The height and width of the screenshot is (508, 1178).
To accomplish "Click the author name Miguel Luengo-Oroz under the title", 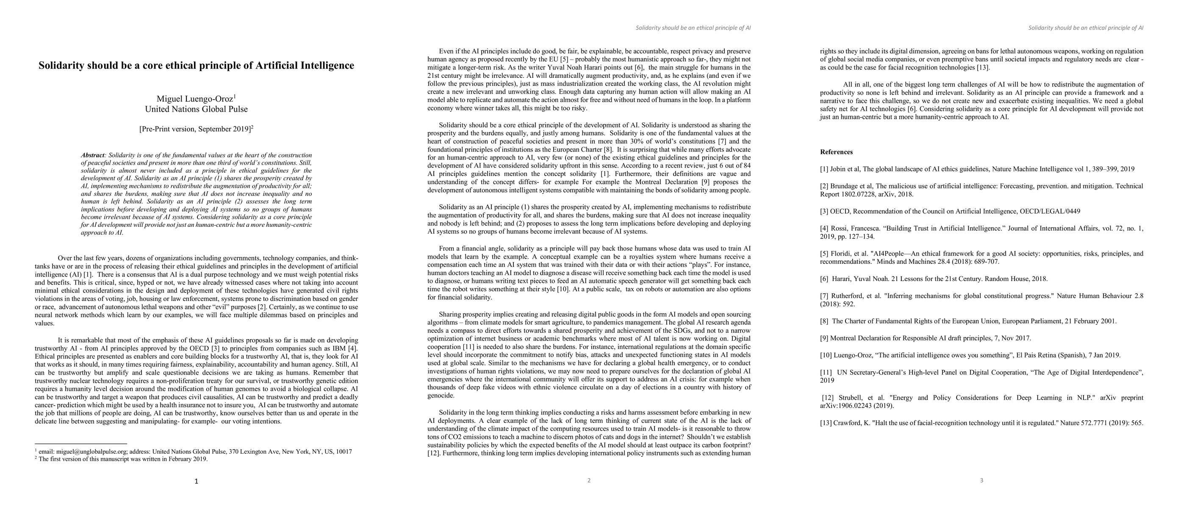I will [x=195, y=99].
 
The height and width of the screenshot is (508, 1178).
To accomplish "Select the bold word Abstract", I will [x=92, y=155].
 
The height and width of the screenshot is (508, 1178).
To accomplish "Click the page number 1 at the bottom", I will [x=197, y=481].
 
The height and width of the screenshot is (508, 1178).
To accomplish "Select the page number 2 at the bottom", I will [x=589, y=480].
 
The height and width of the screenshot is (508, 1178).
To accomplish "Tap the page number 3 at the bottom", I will [x=981, y=480].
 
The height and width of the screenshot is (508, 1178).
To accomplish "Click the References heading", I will [x=837, y=152].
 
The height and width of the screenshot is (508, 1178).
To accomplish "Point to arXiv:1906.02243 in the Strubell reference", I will [x=846, y=406].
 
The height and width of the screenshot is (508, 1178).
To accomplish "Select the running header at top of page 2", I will [x=693, y=28].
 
